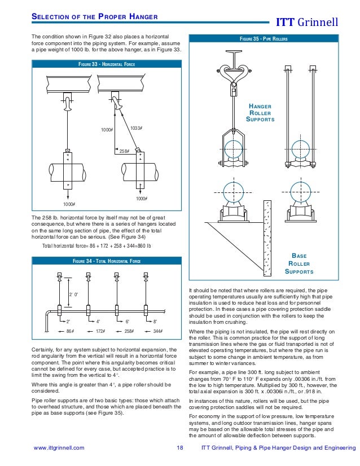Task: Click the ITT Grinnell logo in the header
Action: point(307,23)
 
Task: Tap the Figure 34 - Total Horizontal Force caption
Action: point(106,261)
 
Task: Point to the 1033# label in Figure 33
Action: point(135,128)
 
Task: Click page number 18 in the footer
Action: point(180,448)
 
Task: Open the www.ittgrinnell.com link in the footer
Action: point(59,448)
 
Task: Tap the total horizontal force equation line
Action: point(97,245)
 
